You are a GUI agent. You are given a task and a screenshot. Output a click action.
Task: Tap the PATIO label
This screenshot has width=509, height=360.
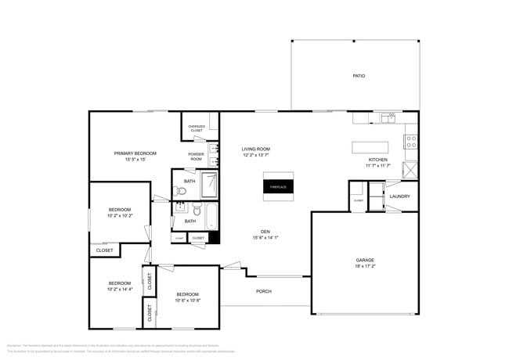coord(359,76)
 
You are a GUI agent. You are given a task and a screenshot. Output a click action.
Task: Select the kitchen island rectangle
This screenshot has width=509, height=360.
coord(370,147)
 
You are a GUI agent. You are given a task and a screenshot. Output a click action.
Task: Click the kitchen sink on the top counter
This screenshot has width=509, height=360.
coord(388,117)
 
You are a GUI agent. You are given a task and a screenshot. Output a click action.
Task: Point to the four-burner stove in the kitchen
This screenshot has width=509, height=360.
coord(410,142)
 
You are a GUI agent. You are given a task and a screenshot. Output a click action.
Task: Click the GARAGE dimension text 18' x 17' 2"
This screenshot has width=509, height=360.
coord(365,265)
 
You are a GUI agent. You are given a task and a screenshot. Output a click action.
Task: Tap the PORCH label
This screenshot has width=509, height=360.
coord(264,291)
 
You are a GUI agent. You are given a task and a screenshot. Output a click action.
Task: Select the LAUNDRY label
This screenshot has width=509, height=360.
coord(400,196)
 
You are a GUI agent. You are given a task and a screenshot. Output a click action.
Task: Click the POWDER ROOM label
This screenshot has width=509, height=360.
coord(197,157)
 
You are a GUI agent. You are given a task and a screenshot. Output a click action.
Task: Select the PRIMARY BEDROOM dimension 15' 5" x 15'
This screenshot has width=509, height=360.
coord(135,159)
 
